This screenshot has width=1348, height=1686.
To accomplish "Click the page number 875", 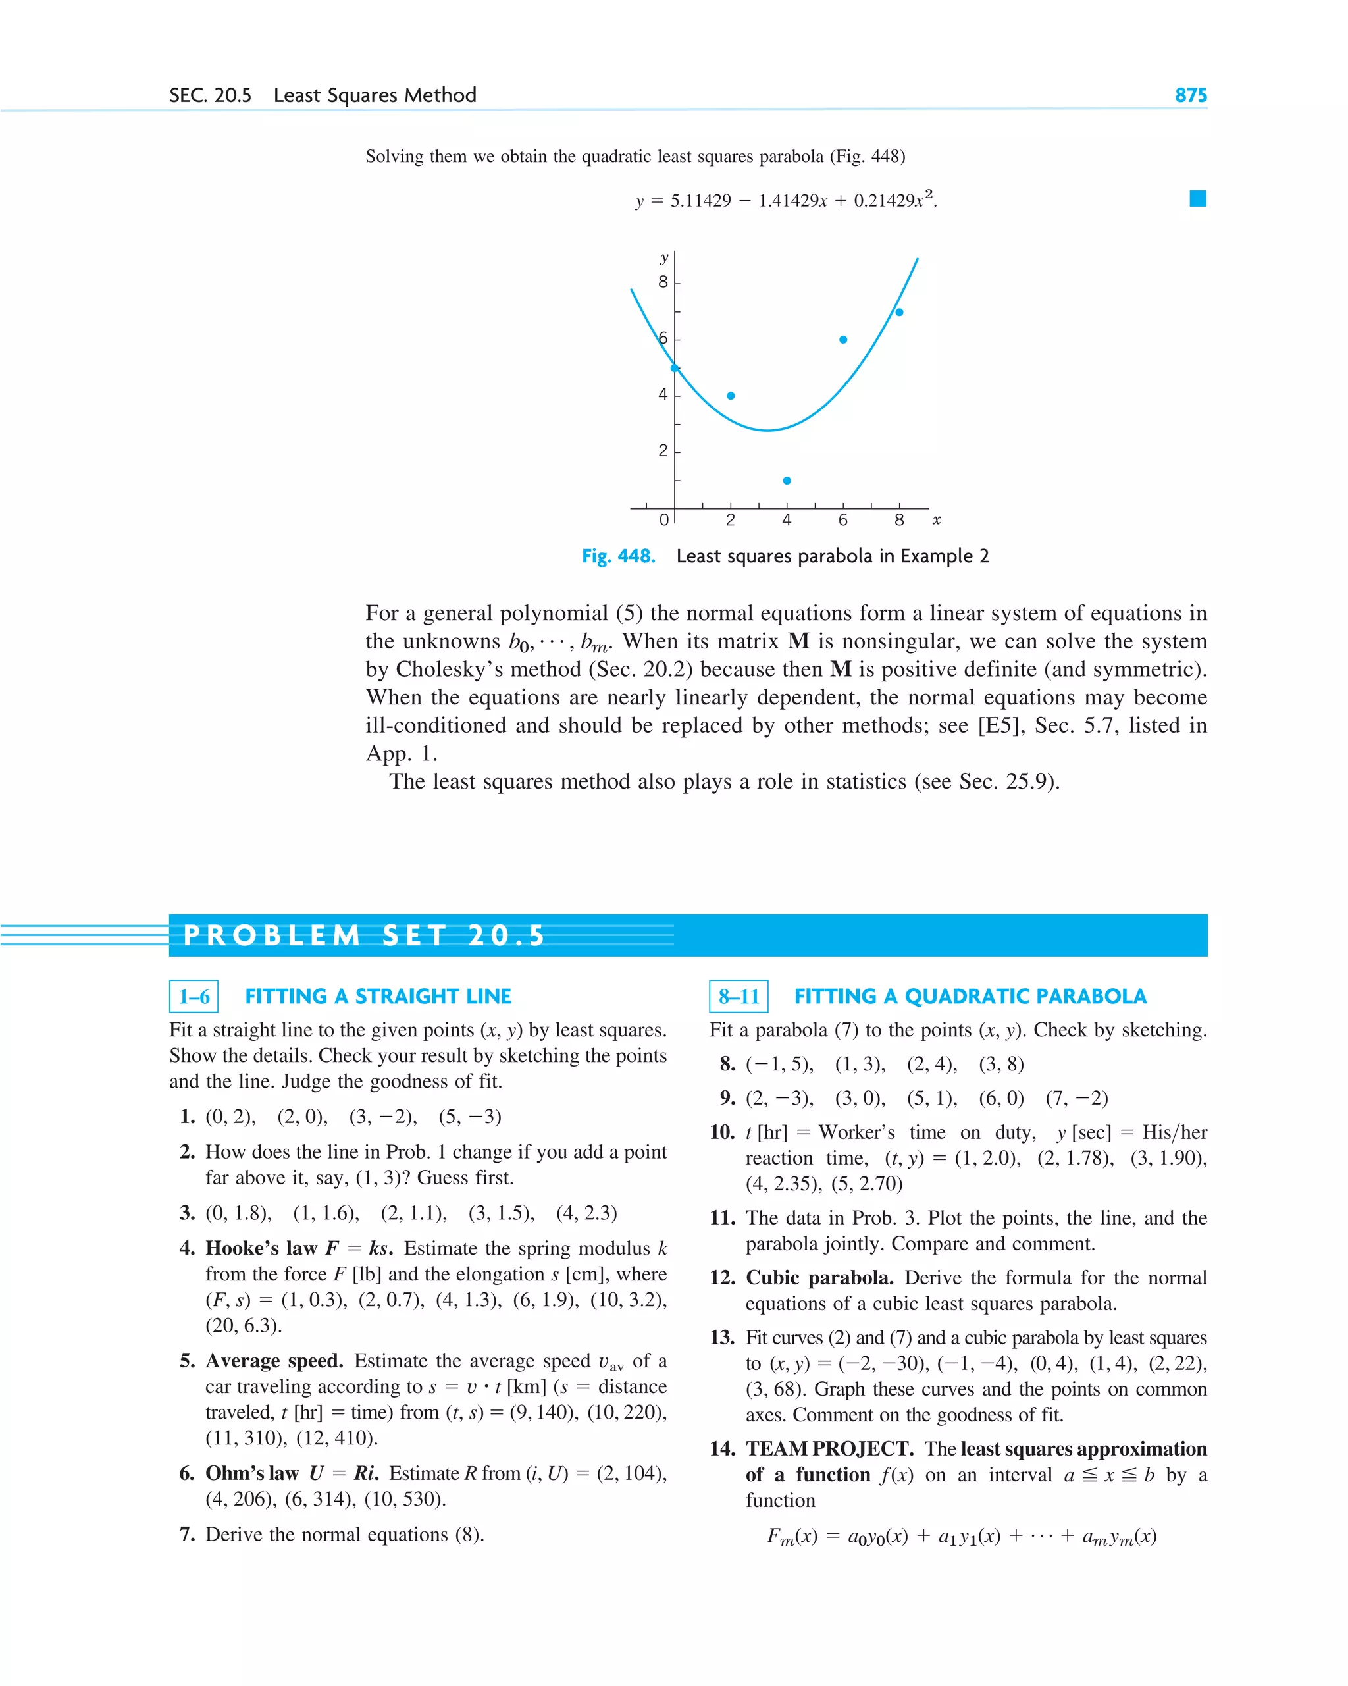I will tap(1190, 95).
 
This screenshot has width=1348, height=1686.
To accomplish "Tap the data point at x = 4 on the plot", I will tap(787, 480).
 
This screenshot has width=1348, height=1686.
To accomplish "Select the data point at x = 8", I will tap(899, 312).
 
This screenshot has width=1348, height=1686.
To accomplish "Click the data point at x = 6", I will tap(843, 340).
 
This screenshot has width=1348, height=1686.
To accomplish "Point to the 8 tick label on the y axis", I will tap(663, 282).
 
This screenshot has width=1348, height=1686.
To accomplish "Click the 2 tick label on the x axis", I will tap(731, 520).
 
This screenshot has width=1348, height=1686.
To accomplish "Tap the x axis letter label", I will tap(936, 519).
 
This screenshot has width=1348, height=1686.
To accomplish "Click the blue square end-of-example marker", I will tap(1197, 199).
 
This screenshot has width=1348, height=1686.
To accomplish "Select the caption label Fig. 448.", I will tap(617, 556).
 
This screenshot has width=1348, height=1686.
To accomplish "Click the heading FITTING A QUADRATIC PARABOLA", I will tap(970, 996).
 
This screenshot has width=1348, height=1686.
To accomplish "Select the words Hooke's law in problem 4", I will tap(261, 1248).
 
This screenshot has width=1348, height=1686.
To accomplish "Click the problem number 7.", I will tap(187, 1535).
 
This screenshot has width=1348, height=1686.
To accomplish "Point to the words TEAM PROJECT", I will tap(829, 1449).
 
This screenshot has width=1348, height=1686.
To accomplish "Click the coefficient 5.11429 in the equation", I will tap(700, 201).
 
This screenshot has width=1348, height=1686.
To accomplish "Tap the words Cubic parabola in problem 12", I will tap(819, 1278).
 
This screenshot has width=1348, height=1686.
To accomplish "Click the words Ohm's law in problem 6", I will tap(252, 1473).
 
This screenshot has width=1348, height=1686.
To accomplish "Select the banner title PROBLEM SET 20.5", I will tap(363, 935).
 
